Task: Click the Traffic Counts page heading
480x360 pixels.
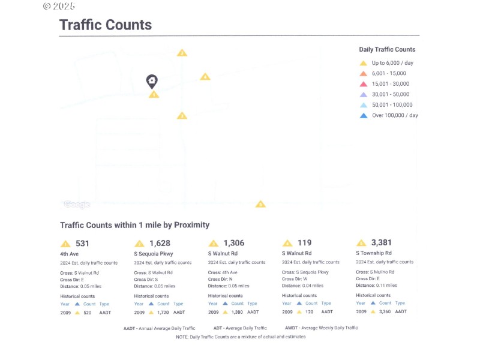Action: click(105, 25)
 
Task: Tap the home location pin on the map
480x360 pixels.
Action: click(152, 81)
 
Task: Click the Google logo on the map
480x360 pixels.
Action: click(77, 205)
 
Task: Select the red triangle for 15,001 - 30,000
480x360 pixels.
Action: click(363, 84)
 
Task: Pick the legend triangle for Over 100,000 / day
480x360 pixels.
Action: click(363, 115)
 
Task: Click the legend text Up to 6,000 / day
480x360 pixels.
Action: click(392, 63)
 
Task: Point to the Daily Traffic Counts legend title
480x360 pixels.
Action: click(387, 49)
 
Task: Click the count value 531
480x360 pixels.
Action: click(82, 243)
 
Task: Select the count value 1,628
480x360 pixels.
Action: click(160, 243)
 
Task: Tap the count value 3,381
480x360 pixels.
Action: click(382, 242)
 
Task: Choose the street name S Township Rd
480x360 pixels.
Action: click(374, 253)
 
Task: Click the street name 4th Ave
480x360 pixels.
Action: click(70, 254)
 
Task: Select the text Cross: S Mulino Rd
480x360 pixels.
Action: click(375, 272)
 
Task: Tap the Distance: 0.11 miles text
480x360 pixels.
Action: click(376, 285)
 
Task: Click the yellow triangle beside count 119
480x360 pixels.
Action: click(287, 243)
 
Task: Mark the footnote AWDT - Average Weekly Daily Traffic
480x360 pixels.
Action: click(321, 328)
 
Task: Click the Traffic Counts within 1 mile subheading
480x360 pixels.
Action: click(134, 225)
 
